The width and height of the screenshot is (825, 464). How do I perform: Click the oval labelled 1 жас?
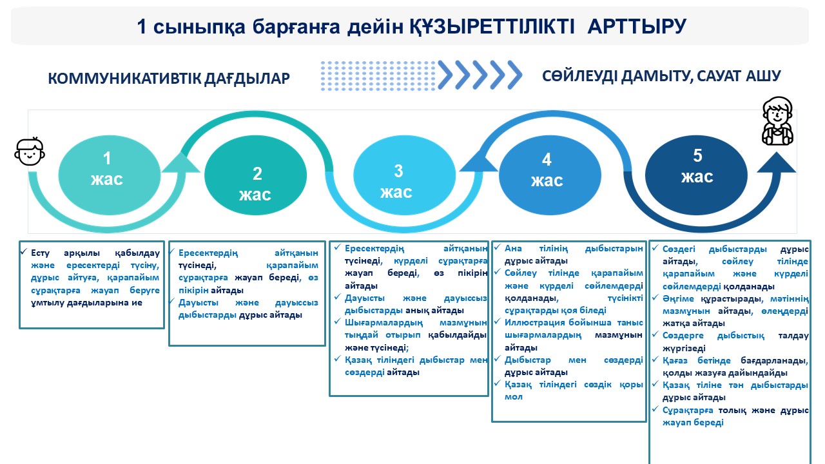tap(108, 169)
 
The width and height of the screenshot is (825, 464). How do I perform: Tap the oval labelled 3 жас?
tap(398, 181)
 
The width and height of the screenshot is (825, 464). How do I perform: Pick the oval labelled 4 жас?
tap(547, 170)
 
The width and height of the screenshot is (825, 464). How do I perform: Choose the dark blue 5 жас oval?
tap(696, 166)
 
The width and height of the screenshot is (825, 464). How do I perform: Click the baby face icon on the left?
tap(30, 151)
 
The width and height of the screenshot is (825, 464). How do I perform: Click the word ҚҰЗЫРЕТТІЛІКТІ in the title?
tap(485, 26)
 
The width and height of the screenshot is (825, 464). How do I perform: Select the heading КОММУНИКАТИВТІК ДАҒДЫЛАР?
tap(169, 79)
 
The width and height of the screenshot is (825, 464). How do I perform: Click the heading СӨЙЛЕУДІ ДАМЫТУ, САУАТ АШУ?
tap(662, 76)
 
